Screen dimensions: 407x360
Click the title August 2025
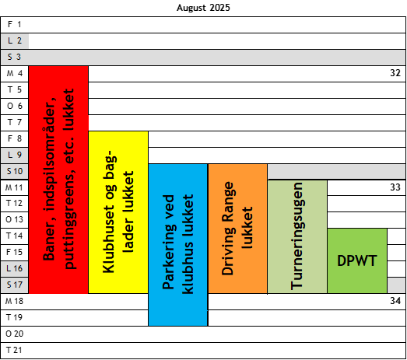point(203,8)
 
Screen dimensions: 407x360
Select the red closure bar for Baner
point(58,180)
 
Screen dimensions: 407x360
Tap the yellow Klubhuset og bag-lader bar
point(118,212)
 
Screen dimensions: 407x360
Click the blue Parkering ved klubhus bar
point(178,245)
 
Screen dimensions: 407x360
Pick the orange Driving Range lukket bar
point(238,229)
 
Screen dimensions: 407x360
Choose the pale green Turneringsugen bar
point(297,237)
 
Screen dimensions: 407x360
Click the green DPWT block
point(357,261)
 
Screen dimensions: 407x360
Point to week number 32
point(395,73)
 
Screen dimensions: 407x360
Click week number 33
point(395,187)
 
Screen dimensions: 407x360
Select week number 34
point(395,301)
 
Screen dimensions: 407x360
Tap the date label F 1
point(14,24)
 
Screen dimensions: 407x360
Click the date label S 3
point(14,57)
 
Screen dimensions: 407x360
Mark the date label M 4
point(15,73)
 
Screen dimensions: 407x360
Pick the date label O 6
point(15,106)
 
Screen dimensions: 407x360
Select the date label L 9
point(15,155)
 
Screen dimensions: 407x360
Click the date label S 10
point(15,171)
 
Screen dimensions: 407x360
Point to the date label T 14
point(15,236)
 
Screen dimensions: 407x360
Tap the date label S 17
point(15,285)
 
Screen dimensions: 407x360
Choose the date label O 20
point(15,334)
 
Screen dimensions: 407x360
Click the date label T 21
point(15,350)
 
